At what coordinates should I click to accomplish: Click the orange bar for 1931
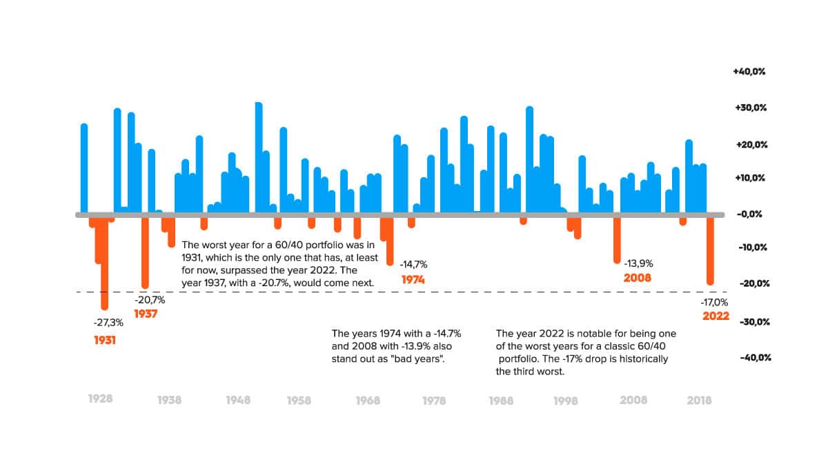[x=105, y=262]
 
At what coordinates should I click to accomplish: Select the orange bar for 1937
[x=145, y=252]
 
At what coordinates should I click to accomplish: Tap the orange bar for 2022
[x=710, y=250]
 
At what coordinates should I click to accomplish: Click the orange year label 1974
[x=413, y=280]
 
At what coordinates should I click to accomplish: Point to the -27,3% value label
[x=108, y=322]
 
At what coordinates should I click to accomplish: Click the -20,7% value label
[x=150, y=300]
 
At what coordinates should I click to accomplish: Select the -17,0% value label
[x=713, y=302]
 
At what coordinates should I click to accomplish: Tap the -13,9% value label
[x=638, y=263]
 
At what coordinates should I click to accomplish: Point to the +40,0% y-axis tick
[x=749, y=72]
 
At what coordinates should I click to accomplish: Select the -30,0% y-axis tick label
[x=751, y=322]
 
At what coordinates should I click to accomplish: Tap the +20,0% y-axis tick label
[x=749, y=145]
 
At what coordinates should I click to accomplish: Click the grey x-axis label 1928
[x=101, y=399]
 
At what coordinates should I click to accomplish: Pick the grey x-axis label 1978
[x=433, y=400]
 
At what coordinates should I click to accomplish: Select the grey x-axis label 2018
[x=699, y=400]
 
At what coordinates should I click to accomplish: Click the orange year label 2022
[x=716, y=317]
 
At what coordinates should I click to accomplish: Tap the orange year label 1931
[x=105, y=340]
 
